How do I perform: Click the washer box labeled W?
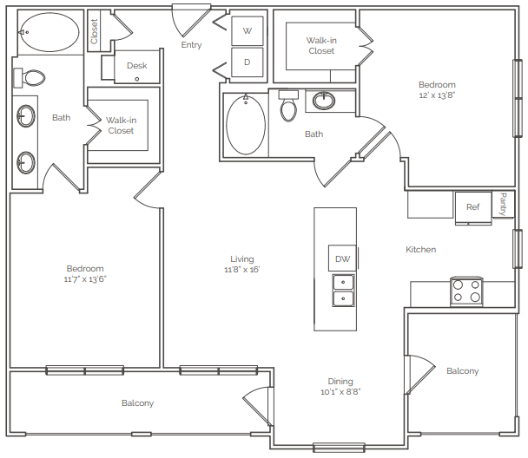pos(247,31)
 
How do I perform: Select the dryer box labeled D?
pos(247,62)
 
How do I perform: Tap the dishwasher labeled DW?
pos(342,258)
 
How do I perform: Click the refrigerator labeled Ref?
pos(473,207)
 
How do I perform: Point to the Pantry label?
pos(503,204)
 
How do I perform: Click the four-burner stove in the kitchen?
pos(466,291)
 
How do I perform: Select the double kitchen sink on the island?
pos(343,291)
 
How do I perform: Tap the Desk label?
pos(136,66)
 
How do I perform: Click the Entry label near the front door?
pos(191,45)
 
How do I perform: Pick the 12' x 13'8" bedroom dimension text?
pos(437,95)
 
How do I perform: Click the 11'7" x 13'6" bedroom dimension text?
pos(85,279)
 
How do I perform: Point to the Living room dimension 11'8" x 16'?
pos(241,270)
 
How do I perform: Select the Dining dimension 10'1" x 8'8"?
pos(340,392)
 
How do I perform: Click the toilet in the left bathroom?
pos(29,78)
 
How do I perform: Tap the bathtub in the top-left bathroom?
pos(49,32)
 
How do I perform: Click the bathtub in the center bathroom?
pos(246,125)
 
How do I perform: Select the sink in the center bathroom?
pos(324,101)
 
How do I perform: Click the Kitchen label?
pos(420,250)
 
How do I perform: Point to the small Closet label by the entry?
pos(94,31)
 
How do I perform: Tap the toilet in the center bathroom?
pos(288,106)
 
